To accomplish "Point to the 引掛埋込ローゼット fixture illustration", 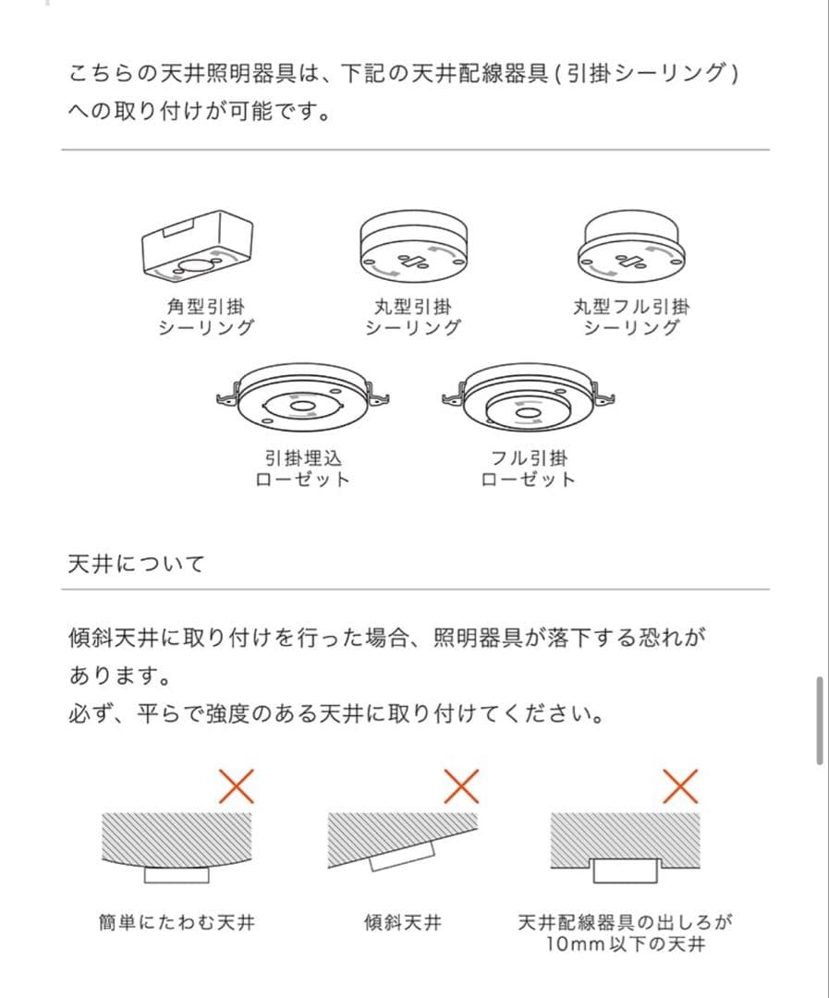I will click(301, 398).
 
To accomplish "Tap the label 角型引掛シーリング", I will click(206, 317).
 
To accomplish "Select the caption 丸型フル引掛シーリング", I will click(631, 317).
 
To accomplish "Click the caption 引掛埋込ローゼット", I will click(302, 468).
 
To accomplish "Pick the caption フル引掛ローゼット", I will click(529, 468).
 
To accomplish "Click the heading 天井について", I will click(136, 564).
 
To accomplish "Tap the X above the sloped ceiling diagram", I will click(461, 786).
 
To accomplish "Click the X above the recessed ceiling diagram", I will click(680, 786).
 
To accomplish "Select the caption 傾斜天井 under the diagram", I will click(402, 922).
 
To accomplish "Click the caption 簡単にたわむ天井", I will click(177, 922).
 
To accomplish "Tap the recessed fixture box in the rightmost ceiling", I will click(626, 870).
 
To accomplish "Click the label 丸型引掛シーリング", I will click(412, 317).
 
